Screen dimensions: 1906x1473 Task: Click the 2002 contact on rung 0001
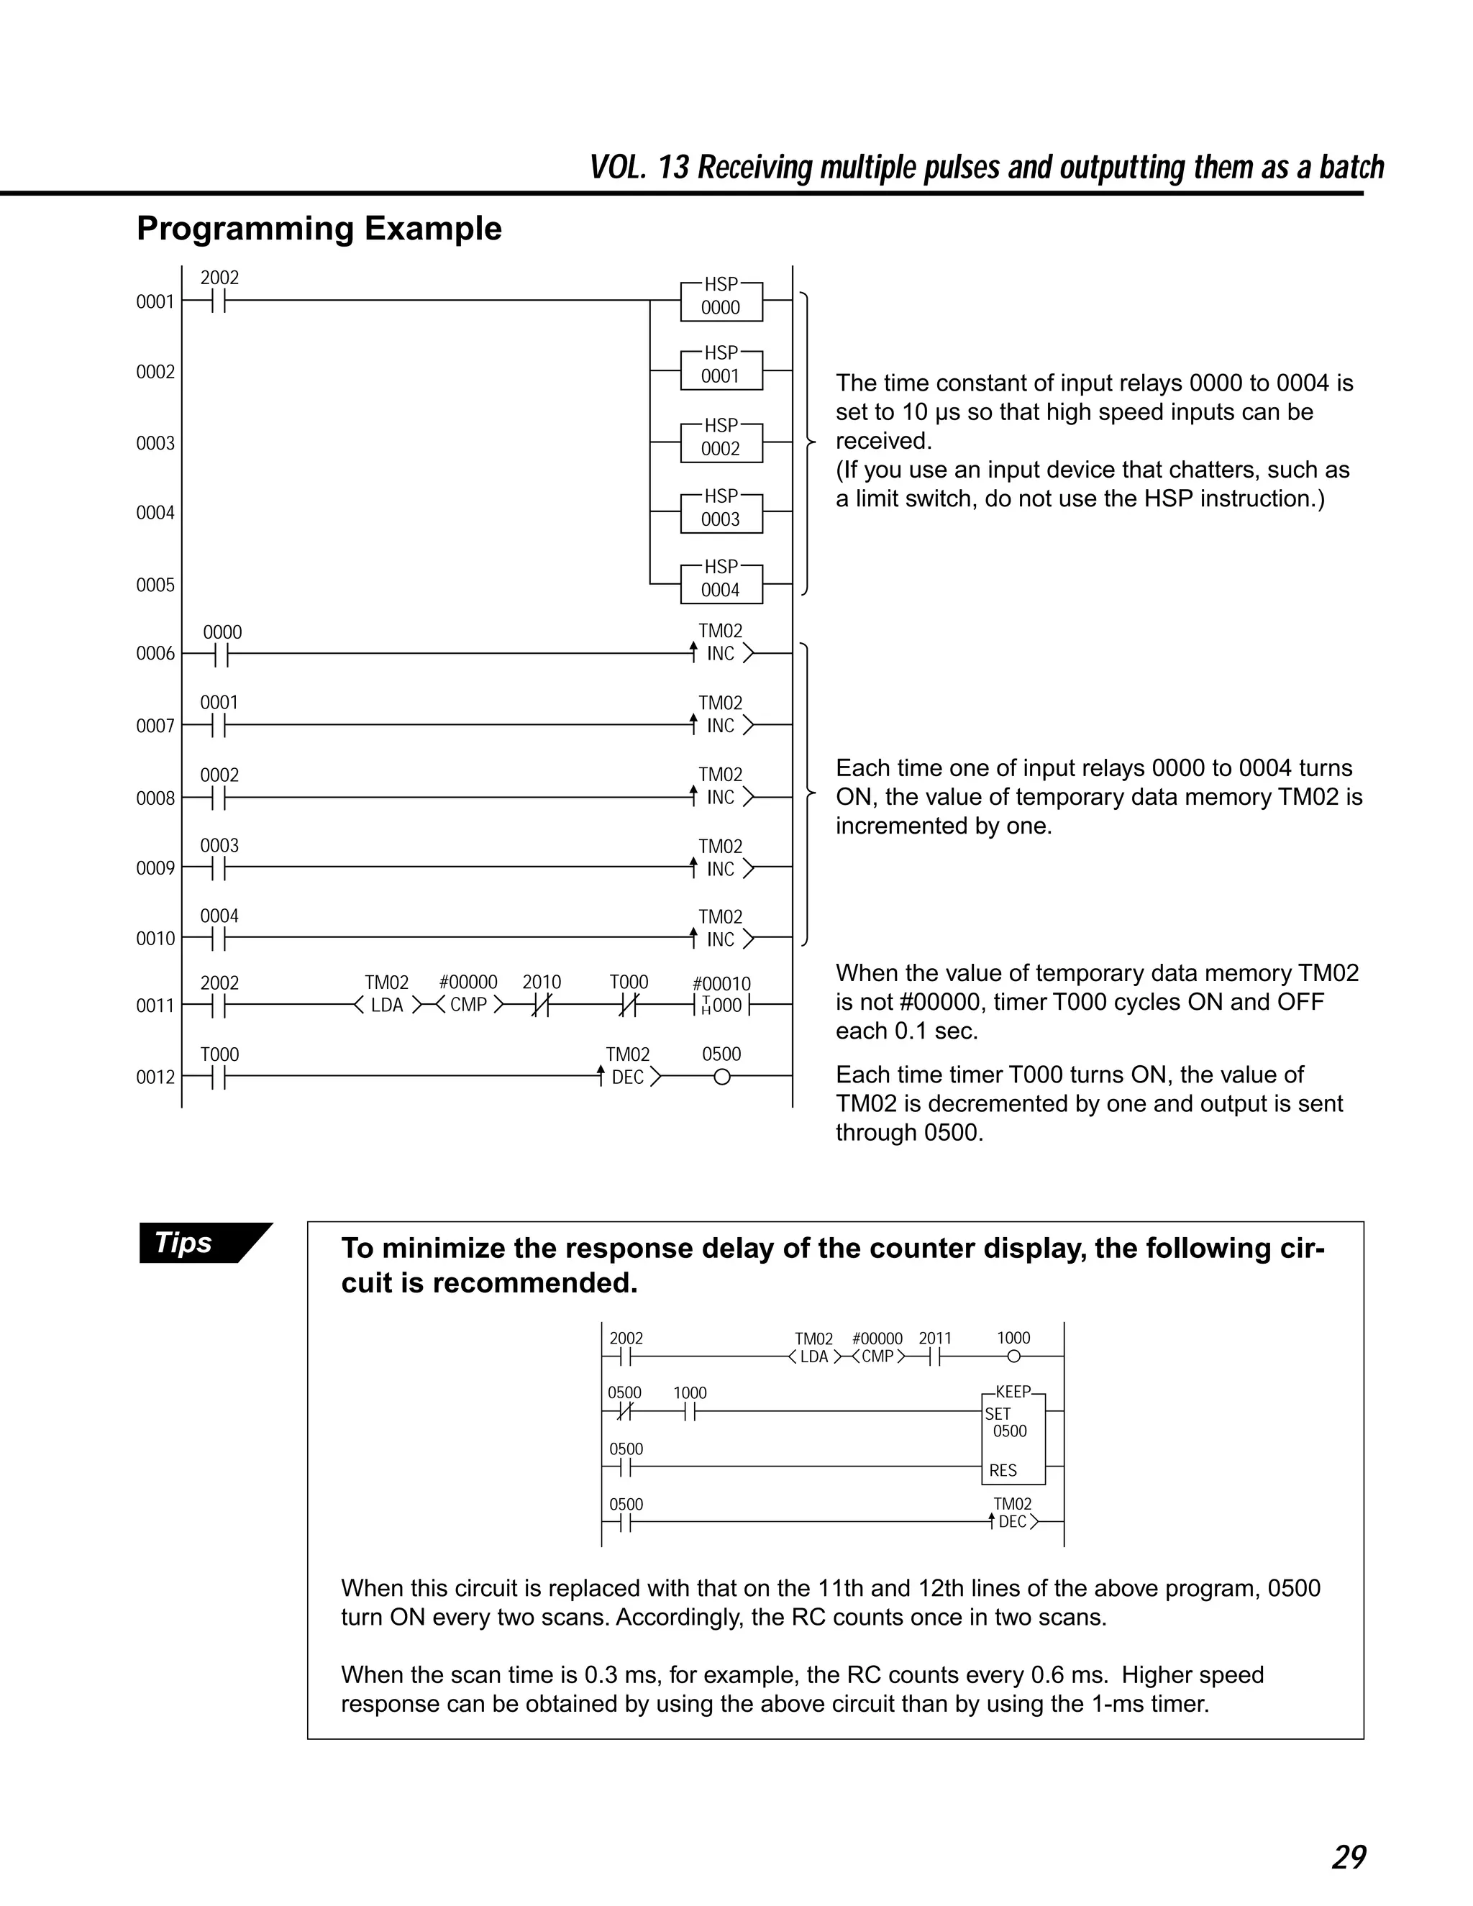(218, 300)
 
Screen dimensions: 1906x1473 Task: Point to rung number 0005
(155, 585)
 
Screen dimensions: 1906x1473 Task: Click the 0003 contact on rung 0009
(218, 867)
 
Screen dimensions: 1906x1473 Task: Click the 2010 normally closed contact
(541, 1005)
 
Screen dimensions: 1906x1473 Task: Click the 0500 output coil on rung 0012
(721, 1077)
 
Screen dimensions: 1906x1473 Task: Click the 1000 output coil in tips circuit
(1013, 1356)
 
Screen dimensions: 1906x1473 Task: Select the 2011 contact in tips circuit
(934, 1356)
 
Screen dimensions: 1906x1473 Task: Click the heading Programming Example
(319, 229)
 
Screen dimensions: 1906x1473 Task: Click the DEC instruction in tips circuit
(1013, 1521)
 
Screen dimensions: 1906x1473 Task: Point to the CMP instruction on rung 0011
(469, 1005)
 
